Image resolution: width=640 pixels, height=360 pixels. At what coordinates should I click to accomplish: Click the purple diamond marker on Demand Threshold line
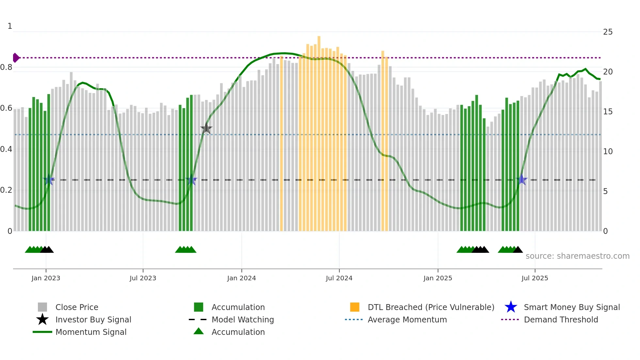(16, 58)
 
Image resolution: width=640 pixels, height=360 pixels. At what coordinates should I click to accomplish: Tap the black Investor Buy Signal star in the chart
(206, 128)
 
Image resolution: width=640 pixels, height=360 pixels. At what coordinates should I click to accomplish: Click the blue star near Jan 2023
(49, 180)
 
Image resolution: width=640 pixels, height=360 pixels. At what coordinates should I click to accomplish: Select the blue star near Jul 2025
(521, 180)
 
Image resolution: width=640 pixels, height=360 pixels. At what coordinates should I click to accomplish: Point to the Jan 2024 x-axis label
(241, 278)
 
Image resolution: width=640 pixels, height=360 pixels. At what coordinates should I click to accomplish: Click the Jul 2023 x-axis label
(143, 278)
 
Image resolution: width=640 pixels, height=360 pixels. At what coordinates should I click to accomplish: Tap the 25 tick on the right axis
(607, 32)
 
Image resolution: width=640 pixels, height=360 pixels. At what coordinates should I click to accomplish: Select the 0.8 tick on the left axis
(7, 67)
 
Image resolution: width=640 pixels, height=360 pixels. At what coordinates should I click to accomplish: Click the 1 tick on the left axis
(10, 26)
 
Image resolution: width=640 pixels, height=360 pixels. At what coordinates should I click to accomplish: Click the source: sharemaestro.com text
(577, 256)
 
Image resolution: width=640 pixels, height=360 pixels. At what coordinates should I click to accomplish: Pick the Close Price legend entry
(77, 307)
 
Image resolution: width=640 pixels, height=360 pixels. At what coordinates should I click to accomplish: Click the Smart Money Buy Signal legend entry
(571, 307)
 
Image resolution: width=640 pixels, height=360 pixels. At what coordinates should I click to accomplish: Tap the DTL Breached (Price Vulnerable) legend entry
(431, 307)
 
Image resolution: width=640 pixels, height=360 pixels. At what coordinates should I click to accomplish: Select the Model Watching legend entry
(242, 319)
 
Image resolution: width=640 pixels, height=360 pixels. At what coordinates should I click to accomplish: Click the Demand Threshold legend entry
(561, 319)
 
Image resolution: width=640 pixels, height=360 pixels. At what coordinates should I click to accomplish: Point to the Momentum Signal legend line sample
(42, 332)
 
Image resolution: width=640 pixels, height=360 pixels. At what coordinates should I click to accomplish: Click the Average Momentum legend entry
(407, 319)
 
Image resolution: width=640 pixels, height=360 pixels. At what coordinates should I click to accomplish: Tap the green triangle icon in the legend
(199, 332)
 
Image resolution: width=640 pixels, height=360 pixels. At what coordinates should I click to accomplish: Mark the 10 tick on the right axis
(607, 152)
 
